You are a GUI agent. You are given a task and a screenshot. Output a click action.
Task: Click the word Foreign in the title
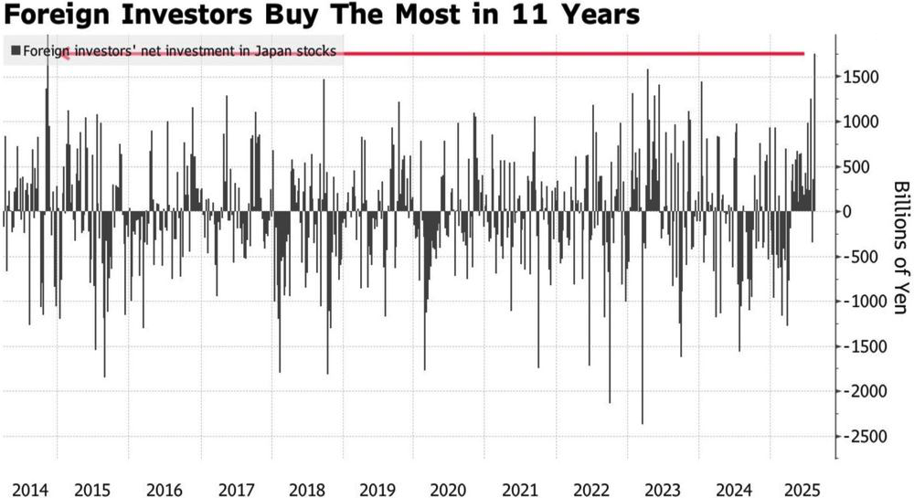57,15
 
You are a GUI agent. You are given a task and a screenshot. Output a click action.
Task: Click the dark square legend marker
16,50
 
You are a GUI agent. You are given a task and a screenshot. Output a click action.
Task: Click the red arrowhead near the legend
65,54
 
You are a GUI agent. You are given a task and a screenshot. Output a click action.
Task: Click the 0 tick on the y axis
848,211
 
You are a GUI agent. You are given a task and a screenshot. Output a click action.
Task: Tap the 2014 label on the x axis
30,490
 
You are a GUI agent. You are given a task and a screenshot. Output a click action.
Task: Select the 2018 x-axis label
307,490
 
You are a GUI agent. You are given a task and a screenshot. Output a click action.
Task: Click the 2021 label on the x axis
519,490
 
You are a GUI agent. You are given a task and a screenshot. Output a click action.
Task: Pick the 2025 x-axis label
802,490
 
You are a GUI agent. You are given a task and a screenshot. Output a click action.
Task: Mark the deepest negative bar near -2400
643,317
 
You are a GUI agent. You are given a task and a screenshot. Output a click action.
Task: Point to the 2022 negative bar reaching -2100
610,307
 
